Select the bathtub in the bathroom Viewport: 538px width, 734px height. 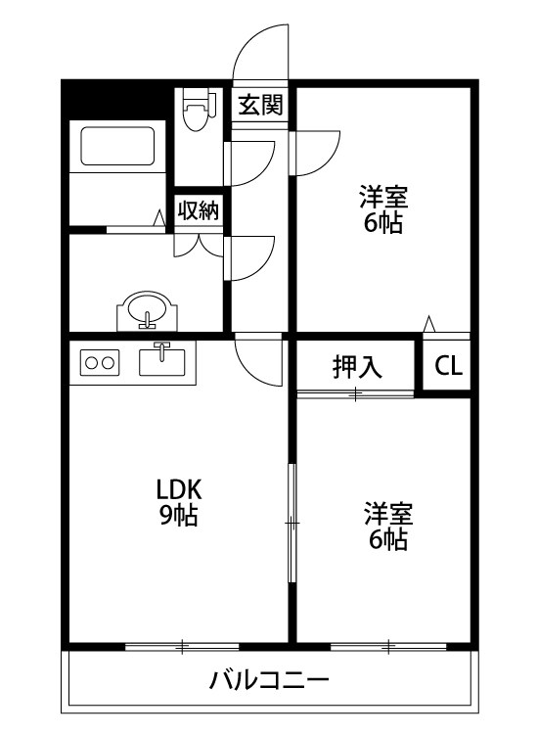[x=117, y=146]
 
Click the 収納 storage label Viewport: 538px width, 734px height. [x=198, y=210]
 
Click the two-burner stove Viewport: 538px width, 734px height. [x=98, y=362]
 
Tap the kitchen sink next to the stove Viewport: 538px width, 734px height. [x=162, y=361]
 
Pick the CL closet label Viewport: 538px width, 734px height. [x=449, y=367]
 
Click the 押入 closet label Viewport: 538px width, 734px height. [x=357, y=367]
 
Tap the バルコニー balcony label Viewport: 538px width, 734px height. [x=269, y=680]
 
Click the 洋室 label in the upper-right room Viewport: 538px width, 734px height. [x=381, y=196]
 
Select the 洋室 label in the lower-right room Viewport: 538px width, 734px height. [x=388, y=512]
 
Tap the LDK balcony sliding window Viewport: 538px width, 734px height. [x=182, y=647]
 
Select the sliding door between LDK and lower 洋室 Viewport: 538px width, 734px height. [x=291, y=525]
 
